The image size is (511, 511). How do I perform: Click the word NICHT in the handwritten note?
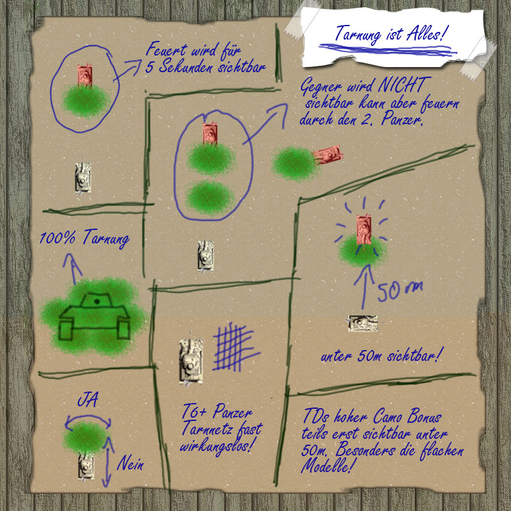click(404, 85)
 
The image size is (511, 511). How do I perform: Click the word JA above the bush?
click(88, 400)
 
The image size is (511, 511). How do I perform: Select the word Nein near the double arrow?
click(130, 463)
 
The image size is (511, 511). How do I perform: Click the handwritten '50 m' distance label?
click(400, 291)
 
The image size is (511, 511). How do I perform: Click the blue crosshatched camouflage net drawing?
click(235, 347)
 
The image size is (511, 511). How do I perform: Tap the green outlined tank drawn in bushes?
click(95, 316)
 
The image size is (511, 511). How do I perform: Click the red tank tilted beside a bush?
click(328, 154)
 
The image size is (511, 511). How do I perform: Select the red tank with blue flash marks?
click(363, 229)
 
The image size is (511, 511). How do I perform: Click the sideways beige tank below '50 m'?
click(363, 323)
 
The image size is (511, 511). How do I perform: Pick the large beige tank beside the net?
click(190, 361)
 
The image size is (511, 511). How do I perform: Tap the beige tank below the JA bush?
click(86, 468)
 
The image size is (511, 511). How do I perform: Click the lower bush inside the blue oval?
click(211, 197)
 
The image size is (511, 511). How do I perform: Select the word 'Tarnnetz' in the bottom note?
click(207, 427)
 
